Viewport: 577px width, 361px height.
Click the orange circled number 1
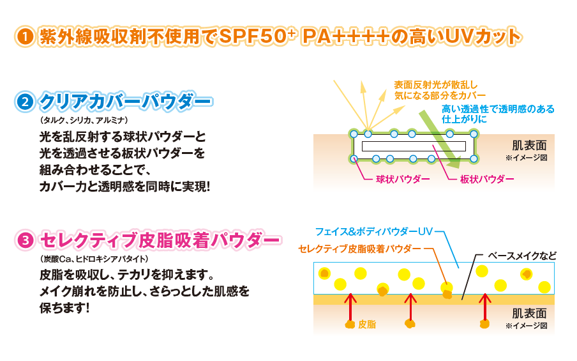(24, 36)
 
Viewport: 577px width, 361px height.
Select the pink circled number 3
(24, 240)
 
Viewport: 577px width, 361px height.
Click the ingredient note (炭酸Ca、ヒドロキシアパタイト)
(93, 259)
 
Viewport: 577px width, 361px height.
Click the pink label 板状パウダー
(487, 179)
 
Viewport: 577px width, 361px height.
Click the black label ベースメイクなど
(522, 256)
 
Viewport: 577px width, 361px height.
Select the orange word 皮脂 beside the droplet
(367, 325)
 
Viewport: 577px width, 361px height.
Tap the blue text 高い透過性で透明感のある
(498, 109)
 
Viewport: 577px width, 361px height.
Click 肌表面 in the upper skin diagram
(529, 144)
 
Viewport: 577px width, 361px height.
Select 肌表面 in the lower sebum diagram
(529, 314)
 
